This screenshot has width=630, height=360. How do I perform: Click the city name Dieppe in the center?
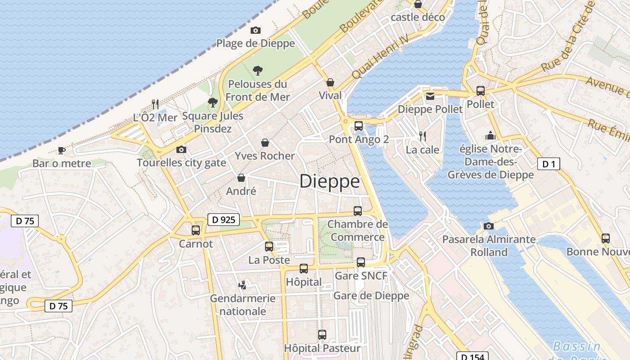(329, 181)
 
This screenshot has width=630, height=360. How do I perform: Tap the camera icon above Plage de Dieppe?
(256, 30)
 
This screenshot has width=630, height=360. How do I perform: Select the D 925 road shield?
(224, 220)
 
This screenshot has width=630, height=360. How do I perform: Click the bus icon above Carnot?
(196, 230)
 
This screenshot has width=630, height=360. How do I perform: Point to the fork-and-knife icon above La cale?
(423, 136)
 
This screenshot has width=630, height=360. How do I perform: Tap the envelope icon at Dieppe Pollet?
(430, 96)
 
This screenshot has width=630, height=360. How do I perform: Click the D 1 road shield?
(549, 164)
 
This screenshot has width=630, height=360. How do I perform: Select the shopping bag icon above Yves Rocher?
(265, 143)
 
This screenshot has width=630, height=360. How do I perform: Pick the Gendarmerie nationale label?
(243, 305)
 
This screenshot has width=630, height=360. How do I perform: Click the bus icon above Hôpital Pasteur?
(322, 334)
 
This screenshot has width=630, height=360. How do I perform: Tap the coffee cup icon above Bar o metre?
(62, 150)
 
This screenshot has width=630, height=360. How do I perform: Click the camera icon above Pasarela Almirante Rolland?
(489, 226)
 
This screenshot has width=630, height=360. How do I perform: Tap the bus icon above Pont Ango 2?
(359, 126)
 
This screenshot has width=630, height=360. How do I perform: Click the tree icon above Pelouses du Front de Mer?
(258, 70)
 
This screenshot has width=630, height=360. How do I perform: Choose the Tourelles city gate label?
(181, 162)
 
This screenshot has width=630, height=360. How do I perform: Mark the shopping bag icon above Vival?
(330, 82)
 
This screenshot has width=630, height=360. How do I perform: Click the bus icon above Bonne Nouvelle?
(606, 238)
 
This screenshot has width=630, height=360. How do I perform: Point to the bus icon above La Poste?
(269, 247)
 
